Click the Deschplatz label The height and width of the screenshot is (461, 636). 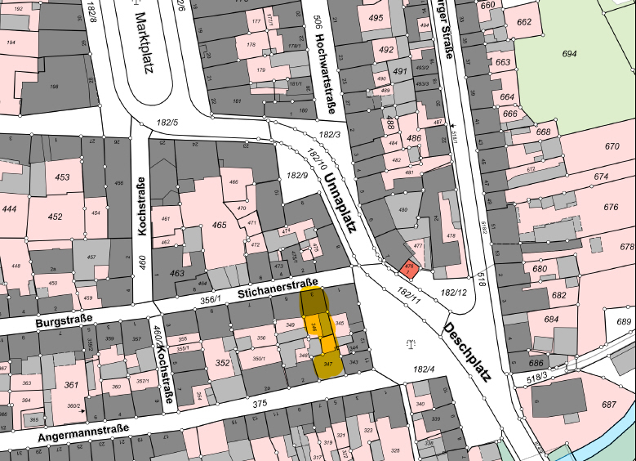coord(467,352)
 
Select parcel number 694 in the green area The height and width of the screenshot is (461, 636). coord(569,53)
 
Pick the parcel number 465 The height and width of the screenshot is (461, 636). coord(219,225)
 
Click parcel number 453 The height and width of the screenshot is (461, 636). coord(62,177)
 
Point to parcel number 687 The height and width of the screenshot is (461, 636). coord(609,404)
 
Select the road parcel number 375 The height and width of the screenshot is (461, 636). coord(260,403)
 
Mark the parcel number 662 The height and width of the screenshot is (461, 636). coord(546,22)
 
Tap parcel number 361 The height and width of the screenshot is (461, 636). coord(71,385)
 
